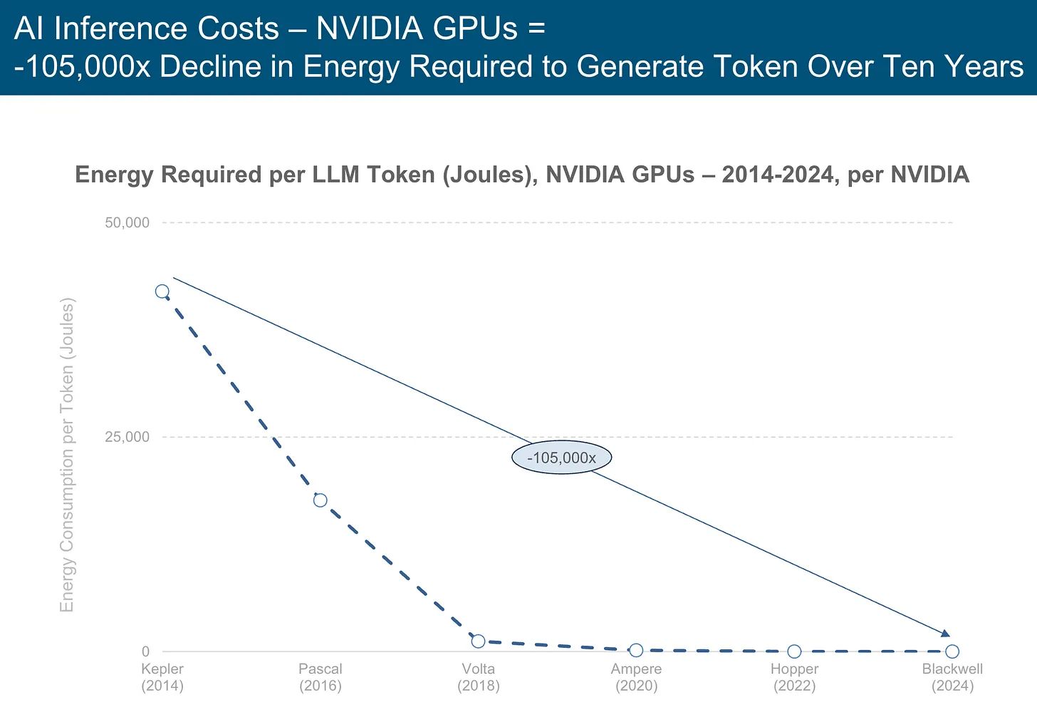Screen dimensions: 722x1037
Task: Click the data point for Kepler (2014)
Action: point(162,292)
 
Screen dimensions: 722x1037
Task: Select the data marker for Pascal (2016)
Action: point(321,500)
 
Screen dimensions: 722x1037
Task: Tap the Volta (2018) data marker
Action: point(479,641)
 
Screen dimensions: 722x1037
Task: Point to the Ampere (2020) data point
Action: point(636,650)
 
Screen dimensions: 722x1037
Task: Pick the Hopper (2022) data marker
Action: point(794,651)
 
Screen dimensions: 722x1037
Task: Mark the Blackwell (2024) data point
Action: point(952,651)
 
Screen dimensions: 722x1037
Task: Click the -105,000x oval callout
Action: point(561,458)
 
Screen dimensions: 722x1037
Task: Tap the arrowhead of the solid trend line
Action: point(946,634)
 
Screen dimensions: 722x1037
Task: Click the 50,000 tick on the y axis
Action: point(127,222)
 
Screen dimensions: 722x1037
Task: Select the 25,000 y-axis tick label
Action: point(127,437)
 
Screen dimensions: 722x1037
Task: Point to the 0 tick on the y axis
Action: point(145,651)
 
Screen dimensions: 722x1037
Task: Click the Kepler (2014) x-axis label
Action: point(162,677)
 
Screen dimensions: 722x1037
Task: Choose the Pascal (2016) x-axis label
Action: point(321,677)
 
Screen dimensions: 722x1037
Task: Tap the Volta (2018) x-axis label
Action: point(479,677)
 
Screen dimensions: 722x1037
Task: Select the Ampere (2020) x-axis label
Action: point(636,677)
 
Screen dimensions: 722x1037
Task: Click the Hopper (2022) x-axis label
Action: point(794,677)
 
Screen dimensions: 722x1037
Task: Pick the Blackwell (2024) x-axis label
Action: point(952,677)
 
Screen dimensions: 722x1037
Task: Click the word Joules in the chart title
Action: point(490,175)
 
